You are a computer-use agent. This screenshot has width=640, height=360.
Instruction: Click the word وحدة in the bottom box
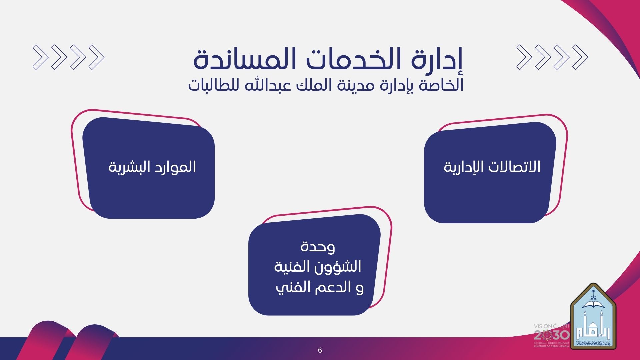(318, 247)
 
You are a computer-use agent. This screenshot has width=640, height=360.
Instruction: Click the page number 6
(320, 350)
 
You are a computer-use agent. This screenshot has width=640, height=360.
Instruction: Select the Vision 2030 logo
(552, 335)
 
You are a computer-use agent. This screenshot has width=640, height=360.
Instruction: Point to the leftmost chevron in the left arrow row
(39, 57)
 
